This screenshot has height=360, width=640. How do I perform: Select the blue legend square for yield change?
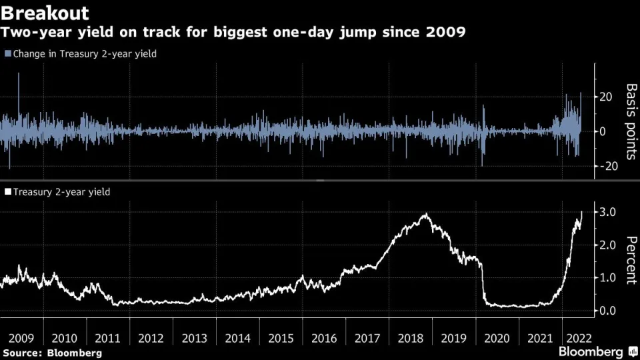click(x=7, y=53)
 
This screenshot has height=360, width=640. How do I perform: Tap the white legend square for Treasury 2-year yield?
click(x=7, y=192)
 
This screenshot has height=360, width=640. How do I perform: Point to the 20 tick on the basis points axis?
click(x=605, y=97)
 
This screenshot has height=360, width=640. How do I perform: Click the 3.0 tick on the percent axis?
click(x=607, y=212)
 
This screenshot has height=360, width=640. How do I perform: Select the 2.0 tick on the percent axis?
click(x=607, y=245)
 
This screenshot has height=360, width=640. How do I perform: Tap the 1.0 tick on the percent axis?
click(x=607, y=277)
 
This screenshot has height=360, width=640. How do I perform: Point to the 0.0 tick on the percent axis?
click(x=607, y=311)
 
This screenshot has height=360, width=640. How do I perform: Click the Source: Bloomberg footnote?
click(x=52, y=352)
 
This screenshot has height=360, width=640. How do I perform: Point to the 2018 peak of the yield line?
click(x=425, y=214)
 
